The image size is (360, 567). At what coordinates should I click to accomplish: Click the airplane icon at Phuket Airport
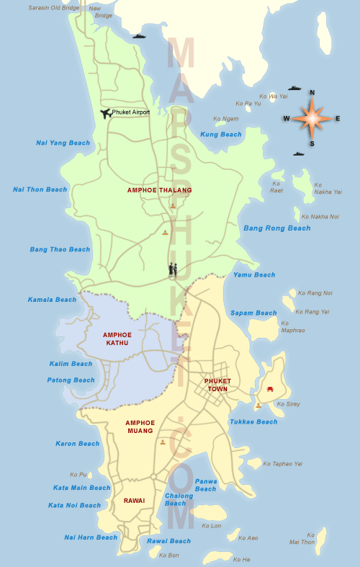click(106, 113)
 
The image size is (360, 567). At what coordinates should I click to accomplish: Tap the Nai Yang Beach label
click(63, 143)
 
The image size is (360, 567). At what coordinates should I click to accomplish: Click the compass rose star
click(312, 118)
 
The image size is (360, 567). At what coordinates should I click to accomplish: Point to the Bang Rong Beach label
click(277, 228)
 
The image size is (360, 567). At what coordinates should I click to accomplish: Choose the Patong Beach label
click(71, 380)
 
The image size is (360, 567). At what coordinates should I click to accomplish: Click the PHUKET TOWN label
click(217, 384)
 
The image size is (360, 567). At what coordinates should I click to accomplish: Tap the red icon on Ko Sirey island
click(270, 388)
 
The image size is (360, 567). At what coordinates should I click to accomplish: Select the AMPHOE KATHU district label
click(116, 339)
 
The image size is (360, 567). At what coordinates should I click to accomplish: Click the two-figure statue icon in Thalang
click(173, 270)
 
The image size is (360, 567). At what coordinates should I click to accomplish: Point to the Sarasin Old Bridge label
click(55, 8)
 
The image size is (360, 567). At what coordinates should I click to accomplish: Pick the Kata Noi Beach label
click(75, 505)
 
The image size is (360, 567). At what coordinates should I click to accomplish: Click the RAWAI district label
click(134, 500)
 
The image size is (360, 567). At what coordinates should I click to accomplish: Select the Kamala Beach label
click(52, 300)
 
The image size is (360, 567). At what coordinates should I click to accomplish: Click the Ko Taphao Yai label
click(283, 464)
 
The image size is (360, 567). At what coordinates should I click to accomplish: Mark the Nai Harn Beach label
click(91, 537)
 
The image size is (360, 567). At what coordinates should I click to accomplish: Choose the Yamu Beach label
click(254, 274)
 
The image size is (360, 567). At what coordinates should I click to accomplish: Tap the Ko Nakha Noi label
click(320, 216)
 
